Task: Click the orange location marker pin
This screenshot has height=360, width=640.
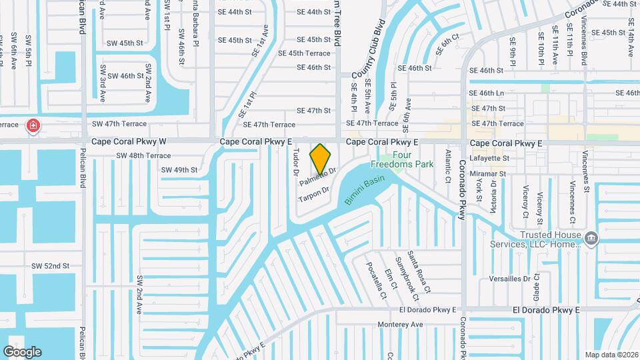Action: click(x=321, y=159)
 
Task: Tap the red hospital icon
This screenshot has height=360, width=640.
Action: click(x=32, y=125)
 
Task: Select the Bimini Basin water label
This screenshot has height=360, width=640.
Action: click(x=365, y=189)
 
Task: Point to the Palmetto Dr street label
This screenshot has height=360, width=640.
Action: click(x=317, y=177)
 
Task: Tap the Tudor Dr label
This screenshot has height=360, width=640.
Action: click(x=295, y=162)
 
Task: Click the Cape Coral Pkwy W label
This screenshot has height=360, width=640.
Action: click(x=129, y=142)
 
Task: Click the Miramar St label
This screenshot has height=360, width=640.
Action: click(x=488, y=173)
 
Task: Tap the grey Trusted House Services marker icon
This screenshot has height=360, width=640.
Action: click(x=590, y=238)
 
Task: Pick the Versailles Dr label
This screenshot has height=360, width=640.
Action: click(x=509, y=278)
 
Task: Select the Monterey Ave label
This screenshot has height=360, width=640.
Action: click(x=401, y=325)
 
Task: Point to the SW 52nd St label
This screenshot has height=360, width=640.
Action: click(x=51, y=266)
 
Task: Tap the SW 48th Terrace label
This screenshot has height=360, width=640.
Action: click(x=143, y=155)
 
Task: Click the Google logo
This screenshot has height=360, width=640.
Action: click(x=23, y=351)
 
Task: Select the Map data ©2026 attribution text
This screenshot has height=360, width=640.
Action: click(x=611, y=355)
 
